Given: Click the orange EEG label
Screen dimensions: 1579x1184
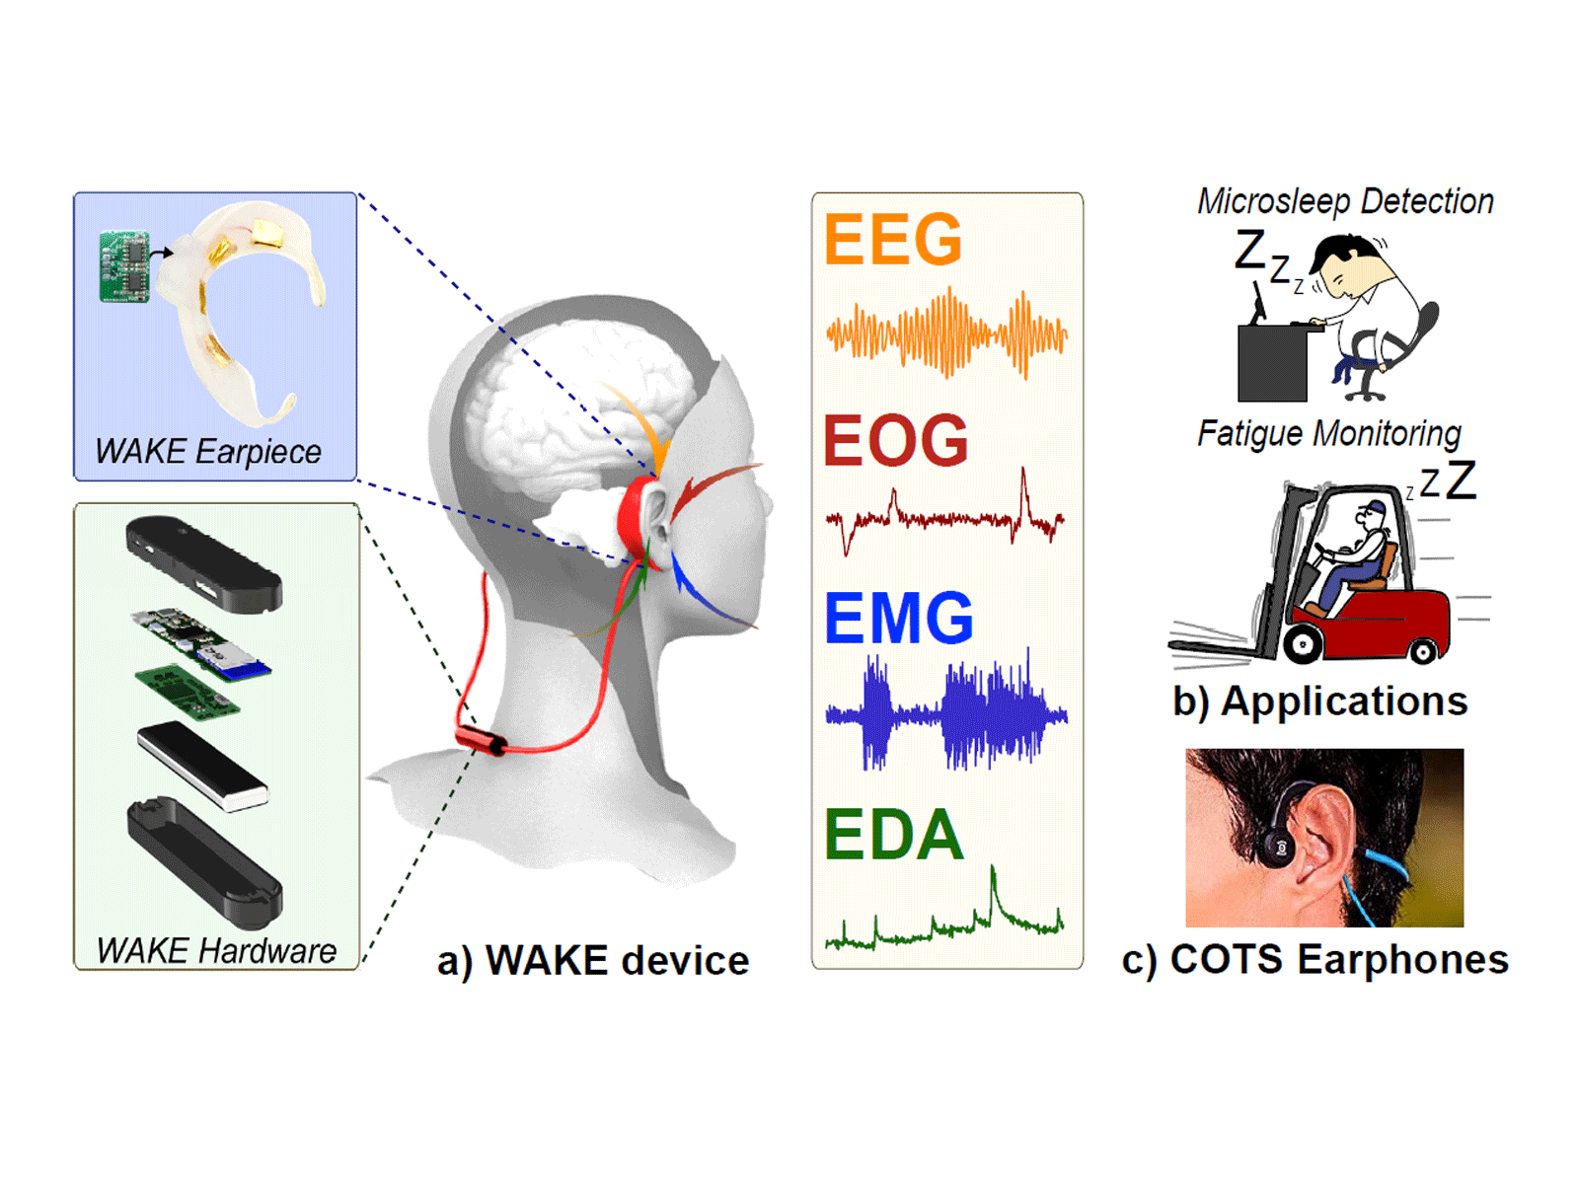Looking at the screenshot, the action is coord(893,239).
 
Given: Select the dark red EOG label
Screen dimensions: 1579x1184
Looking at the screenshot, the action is coord(896,440).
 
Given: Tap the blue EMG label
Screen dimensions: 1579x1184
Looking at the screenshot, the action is coord(898,618).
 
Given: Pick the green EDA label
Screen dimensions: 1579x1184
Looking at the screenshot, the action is coord(893,834).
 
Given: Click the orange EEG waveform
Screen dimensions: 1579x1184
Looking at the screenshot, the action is coord(946,333).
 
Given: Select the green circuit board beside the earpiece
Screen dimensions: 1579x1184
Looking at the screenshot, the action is coord(123,266).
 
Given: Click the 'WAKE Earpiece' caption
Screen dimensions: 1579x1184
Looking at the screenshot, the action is coord(208,452).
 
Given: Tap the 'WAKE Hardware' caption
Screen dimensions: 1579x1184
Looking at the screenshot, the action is coord(216,950).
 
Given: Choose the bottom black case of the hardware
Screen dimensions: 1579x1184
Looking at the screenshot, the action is coord(205,861).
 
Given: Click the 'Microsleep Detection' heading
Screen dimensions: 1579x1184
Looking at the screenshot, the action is coord(1345,201).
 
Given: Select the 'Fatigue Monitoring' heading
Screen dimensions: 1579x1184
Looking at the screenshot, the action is coord(1328,433).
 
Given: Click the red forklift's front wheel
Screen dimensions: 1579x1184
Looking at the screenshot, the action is coord(1302,643).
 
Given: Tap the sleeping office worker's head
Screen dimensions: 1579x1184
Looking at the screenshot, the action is coord(1342,265).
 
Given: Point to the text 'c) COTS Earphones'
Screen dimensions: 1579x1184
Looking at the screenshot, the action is coord(1315,959).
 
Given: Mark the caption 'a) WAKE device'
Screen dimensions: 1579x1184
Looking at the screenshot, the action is coord(593,960).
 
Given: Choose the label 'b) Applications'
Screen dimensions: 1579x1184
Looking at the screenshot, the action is coord(1320,701).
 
